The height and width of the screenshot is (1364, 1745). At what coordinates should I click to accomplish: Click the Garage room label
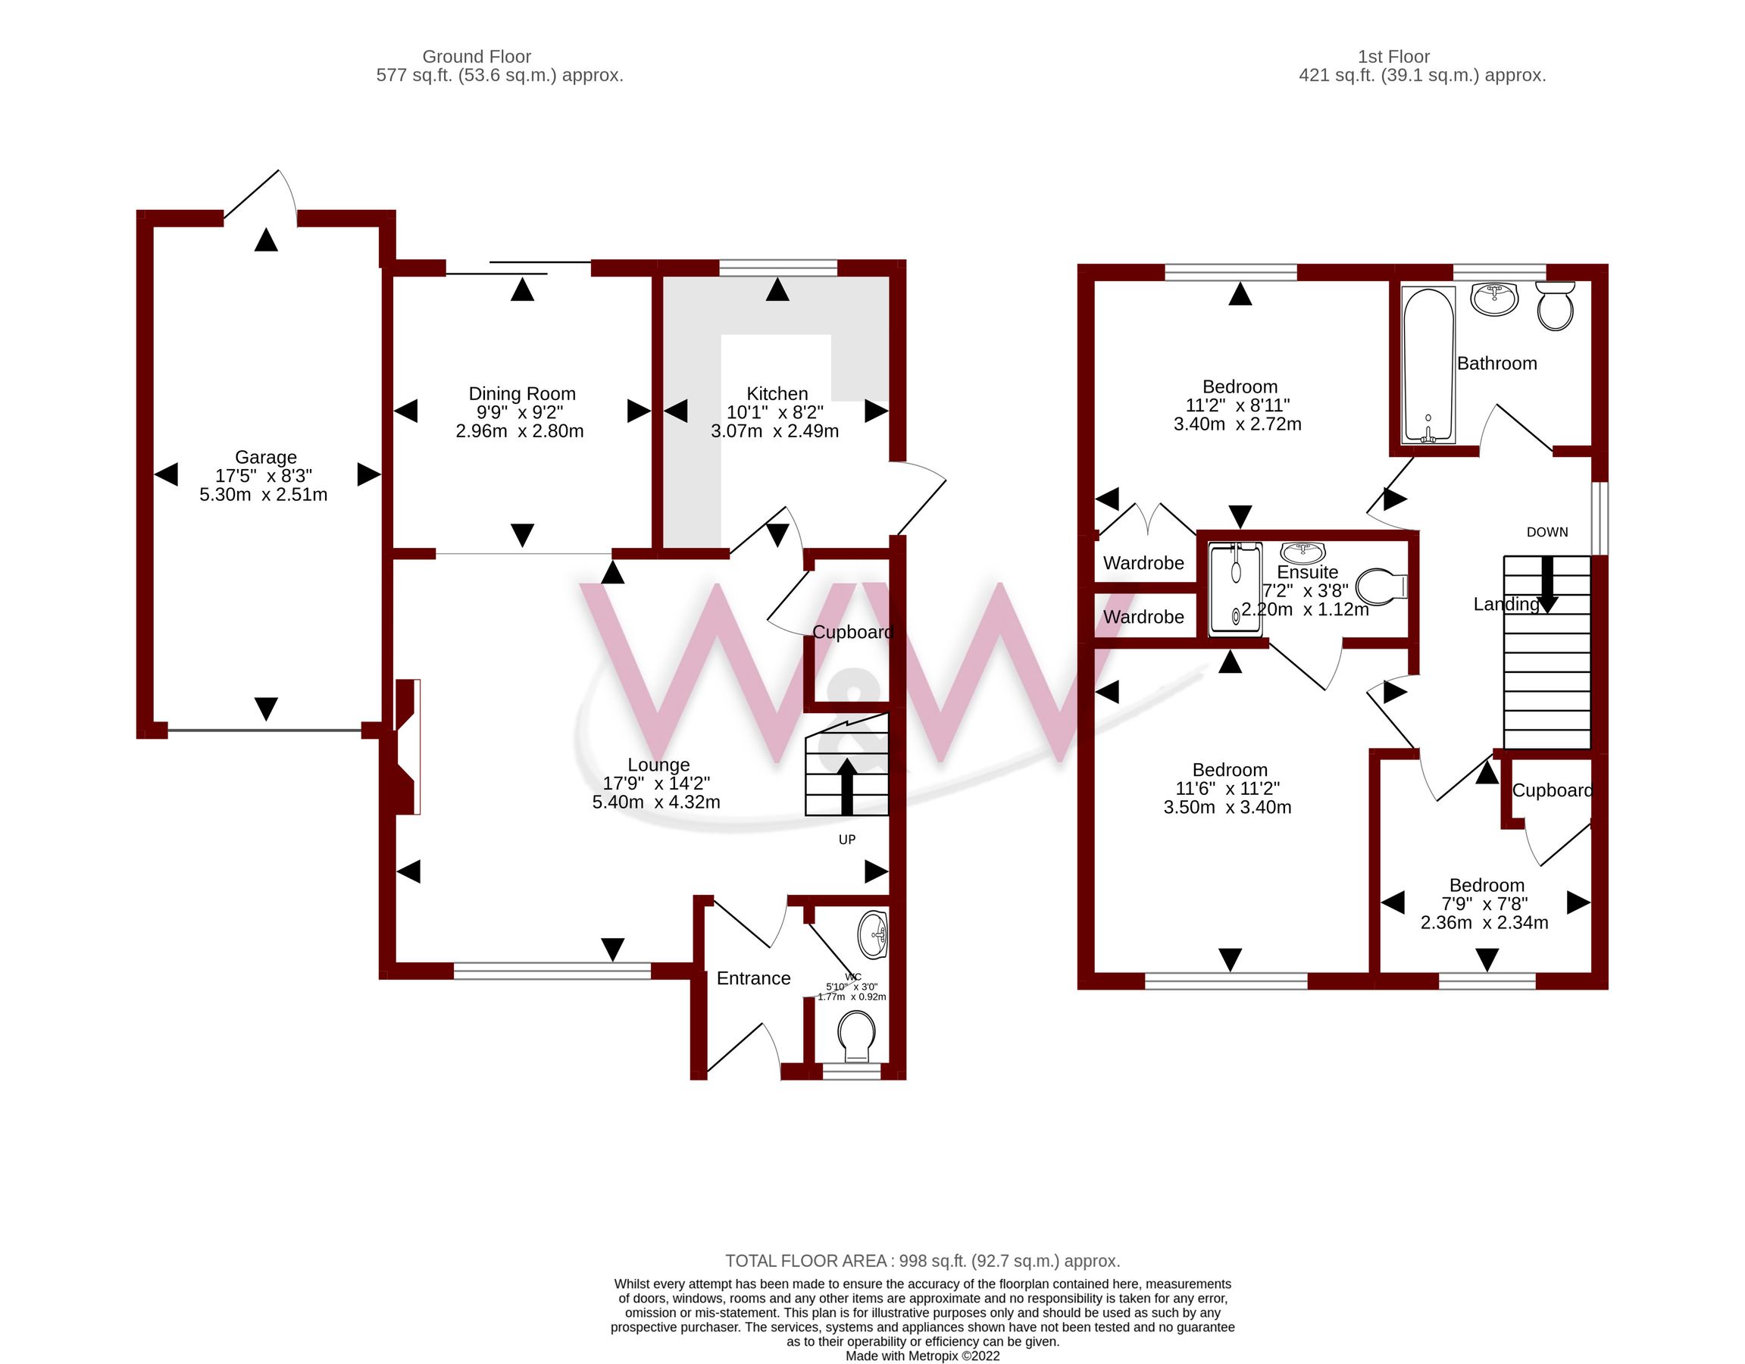266,457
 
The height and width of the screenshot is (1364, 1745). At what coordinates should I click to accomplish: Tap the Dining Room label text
522,394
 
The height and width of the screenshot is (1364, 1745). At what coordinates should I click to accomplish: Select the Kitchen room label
777,394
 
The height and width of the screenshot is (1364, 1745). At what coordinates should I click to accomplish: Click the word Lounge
658,765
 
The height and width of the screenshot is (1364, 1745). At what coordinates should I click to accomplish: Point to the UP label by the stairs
847,839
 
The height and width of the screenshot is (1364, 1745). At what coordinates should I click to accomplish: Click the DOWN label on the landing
1546,532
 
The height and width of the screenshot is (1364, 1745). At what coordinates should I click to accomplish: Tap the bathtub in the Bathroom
1428,364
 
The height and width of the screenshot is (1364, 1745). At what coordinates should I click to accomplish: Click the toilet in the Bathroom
1555,306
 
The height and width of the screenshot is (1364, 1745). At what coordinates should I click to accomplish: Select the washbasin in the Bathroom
1495,299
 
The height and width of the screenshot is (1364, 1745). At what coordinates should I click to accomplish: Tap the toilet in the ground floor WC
856,1036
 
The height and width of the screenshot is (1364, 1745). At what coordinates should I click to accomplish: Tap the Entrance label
753,978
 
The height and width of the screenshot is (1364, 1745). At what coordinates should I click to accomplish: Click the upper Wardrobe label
1143,563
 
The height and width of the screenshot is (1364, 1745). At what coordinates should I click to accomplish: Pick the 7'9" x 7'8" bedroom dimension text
1484,904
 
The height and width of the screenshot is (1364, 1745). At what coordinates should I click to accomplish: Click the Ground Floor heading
476,57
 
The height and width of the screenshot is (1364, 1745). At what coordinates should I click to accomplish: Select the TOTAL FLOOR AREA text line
922,1260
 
